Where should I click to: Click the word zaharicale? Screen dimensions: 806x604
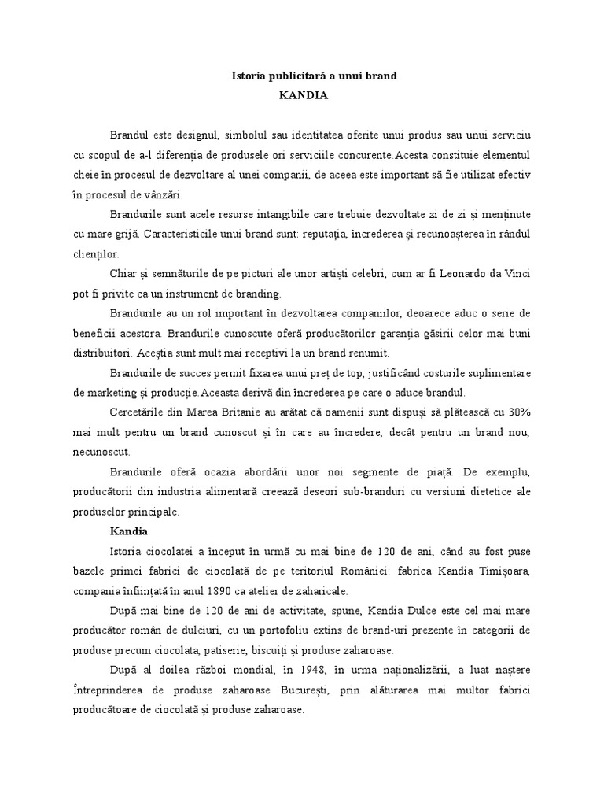coord(315,591)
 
